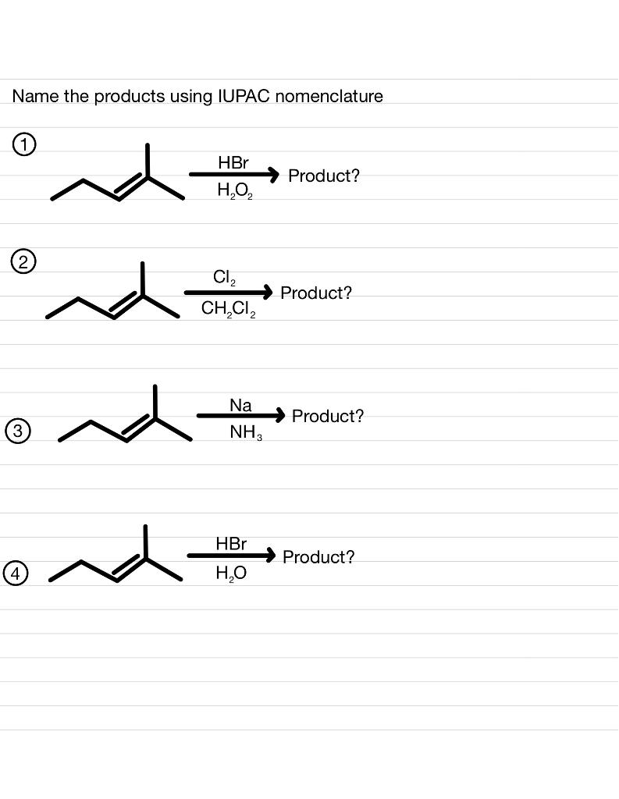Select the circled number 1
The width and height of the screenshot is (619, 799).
pos(25,144)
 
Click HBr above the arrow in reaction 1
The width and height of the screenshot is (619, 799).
pos(233,163)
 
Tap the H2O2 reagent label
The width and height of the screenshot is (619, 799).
pos(234,190)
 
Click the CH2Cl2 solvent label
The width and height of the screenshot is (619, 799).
pos(227,309)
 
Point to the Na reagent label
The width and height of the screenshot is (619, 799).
pos(240,405)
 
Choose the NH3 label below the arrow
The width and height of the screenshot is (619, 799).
pos(245,431)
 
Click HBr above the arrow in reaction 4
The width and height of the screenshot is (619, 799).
pos(231,543)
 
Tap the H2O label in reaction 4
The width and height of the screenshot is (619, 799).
pos(231,574)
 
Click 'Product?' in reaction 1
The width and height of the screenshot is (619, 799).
pos(324,176)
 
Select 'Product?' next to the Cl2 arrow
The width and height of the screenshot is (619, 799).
pos(316,293)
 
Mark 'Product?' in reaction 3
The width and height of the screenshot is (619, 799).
pos(328,416)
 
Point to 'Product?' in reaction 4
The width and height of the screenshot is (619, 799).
pos(318,557)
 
